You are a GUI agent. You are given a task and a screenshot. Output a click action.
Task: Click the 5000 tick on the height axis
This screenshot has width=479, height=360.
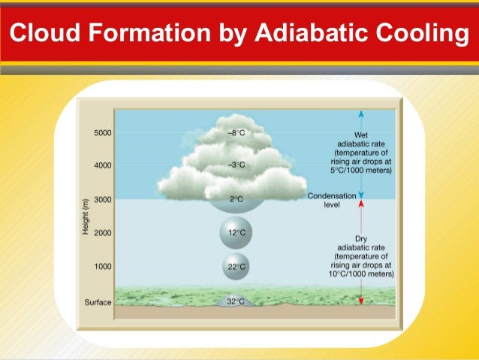point(102,133)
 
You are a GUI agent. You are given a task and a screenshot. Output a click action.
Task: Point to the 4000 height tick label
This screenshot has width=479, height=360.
point(102,165)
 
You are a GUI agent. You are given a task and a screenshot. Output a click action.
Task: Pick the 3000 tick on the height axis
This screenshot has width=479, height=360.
point(102,200)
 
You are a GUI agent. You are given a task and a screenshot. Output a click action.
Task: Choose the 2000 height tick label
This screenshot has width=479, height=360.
point(102,233)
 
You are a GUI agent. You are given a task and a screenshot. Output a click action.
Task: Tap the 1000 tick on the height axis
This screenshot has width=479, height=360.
point(102,267)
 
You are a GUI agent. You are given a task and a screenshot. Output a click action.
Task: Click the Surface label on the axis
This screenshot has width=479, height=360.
point(98,302)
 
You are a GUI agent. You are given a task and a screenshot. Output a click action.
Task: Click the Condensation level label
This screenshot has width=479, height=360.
point(327,199)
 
